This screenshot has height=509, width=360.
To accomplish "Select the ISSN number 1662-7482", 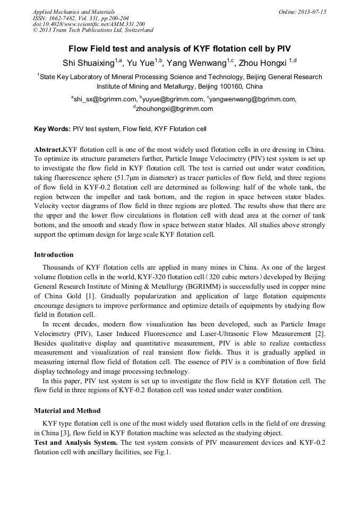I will [x=66, y=18].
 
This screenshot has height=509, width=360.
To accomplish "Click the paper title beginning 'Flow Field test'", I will [x=179, y=49].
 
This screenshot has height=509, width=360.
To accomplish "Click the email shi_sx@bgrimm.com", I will [x=105, y=99].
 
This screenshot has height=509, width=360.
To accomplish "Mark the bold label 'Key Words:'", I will [x=52, y=129].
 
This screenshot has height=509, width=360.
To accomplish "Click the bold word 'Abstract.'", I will [x=48, y=149].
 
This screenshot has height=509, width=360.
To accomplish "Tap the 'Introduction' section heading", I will [x=54, y=254].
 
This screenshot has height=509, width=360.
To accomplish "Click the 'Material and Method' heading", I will [x=67, y=410].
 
